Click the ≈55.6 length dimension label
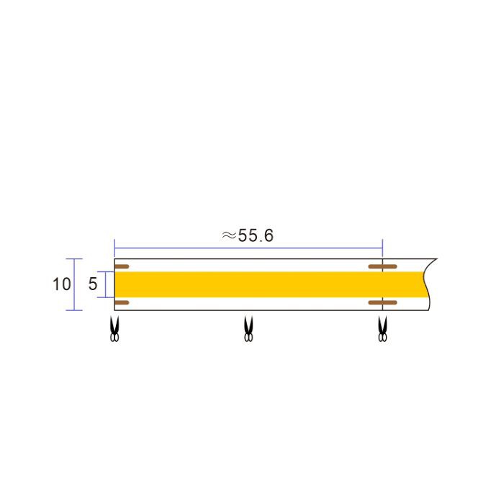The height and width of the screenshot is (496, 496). pyautogui.click(x=248, y=235)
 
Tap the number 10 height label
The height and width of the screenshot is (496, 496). pyautogui.click(x=61, y=284)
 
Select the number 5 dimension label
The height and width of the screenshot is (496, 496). pyautogui.click(x=92, y=284)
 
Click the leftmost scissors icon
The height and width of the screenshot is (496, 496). pyautogui.click(x=114, y=329)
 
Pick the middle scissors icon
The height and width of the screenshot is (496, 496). pyautogui.click(x=248, y=329)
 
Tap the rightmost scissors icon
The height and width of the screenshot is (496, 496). pyautogui.click(x=383, y=329)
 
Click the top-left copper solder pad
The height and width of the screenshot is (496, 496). pyautogui.click(x=122, y=266)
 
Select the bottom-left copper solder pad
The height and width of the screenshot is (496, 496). pyautogui.click(x=122, y=303)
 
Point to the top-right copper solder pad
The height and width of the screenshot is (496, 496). pyautogui.click(x=383, y=266)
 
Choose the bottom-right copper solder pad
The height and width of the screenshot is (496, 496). pyautogui.click(x=383, y=303)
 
